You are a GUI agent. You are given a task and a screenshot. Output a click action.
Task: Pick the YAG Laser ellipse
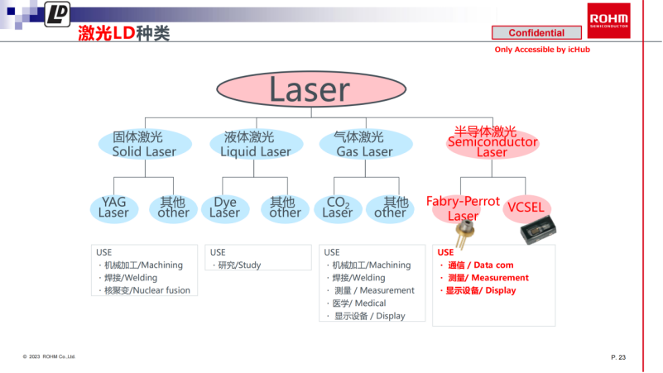114,208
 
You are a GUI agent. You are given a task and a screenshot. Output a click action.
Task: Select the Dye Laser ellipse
225,208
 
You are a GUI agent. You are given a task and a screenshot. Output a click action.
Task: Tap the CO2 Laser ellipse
338,208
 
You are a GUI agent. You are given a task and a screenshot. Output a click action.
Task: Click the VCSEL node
526,208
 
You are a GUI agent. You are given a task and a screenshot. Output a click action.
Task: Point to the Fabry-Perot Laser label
463,208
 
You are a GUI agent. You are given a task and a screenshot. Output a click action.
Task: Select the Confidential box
536,33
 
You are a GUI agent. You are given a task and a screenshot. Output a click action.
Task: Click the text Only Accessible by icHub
542,50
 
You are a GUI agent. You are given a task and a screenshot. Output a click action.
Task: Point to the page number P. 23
617,356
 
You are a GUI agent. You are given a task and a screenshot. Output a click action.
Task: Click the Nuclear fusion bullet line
144,290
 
